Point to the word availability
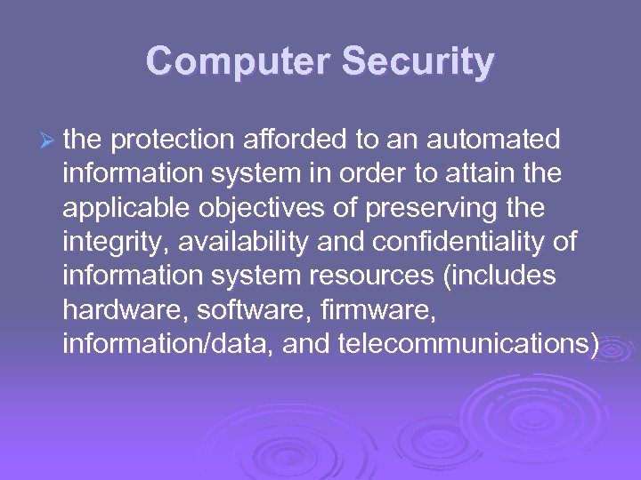pos(233,242)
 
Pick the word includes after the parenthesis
pos(500,276)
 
